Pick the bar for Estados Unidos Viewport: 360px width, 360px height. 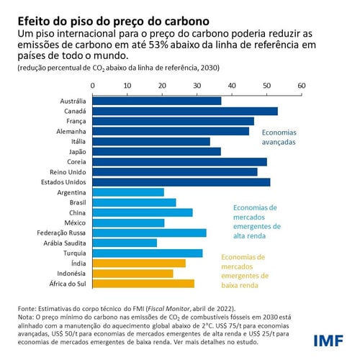[x=180, y=182]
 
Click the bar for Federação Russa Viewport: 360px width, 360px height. [x=148, y=233]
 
